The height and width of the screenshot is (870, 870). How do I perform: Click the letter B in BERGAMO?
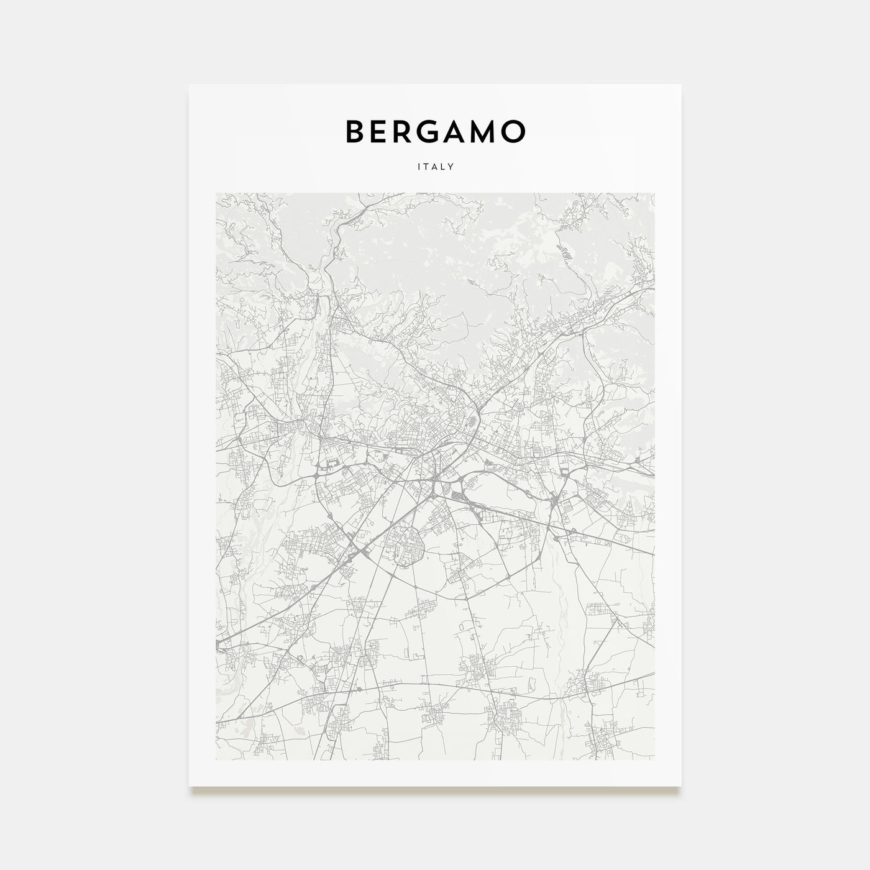coord(355,131)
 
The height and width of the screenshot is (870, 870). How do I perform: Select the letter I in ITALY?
coord(418,167)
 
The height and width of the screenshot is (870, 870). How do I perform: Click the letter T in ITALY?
coord(426,167)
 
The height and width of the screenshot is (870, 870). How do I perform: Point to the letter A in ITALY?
coord(434,167)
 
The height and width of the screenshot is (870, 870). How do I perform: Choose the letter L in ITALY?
coord(443,167)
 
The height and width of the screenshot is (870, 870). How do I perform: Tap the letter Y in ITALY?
coord(452,167)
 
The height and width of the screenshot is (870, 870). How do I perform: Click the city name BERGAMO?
coord(435,131)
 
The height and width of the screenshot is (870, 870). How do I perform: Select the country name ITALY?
coord(435,167)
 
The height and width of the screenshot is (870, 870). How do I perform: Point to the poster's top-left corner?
coord(190,85)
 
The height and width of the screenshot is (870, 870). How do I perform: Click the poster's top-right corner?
coord(681,85)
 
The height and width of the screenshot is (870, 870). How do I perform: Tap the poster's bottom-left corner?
coord(190,786)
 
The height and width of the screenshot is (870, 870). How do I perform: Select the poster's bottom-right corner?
coord(681,786)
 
